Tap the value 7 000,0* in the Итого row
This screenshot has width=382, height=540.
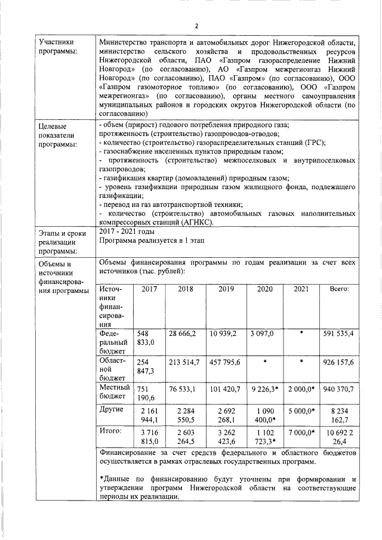(302, 431)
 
